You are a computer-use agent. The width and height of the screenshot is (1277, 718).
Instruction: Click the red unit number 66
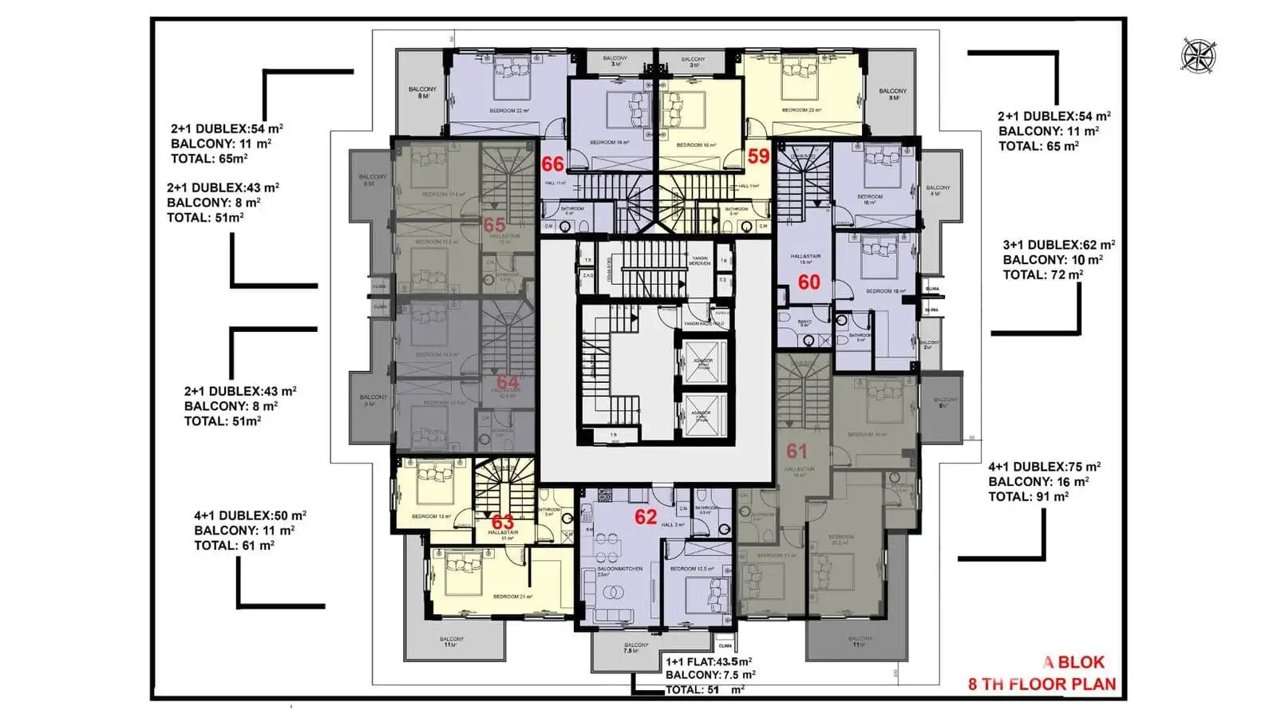tap(552, 164)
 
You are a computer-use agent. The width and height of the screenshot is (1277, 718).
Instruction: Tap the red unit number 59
tap(758, 156)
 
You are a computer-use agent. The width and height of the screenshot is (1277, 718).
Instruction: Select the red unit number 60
tap(809, 282)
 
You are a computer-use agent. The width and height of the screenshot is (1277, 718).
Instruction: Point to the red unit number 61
tap(797, 452)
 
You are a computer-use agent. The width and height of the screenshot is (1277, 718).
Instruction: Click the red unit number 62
tap(646, 517)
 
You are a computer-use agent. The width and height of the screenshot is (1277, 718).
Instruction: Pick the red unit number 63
tap(503, 522)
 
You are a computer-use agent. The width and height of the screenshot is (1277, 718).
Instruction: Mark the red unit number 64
tap(508, 382)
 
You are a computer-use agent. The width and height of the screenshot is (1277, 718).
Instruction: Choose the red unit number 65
tap(494, 225)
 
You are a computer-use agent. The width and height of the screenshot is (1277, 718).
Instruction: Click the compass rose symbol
tap(1197, 55)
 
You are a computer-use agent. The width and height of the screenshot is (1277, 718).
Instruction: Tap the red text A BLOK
tap(1074, 662)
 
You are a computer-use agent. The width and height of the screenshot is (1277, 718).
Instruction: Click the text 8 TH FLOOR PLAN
tap(1042, 684)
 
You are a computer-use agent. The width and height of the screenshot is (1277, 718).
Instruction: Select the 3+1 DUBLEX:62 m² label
tap(1058, 245)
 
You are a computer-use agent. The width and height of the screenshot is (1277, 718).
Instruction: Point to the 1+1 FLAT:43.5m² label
tap(709, 661)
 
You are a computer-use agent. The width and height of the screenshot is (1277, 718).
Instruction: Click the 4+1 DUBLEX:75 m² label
tap(1044, 467)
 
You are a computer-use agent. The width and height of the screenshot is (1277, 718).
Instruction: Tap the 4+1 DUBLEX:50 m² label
tap(250, 515)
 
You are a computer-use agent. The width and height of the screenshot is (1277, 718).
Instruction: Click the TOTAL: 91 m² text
tap(1028, 497)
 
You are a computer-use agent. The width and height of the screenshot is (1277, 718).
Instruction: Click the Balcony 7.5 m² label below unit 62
tap(636, 648)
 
